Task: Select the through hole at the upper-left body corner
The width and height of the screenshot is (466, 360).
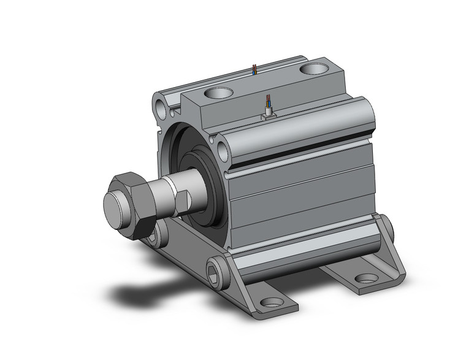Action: click(162, 108)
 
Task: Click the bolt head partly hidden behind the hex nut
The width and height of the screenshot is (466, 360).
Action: click(161, 231)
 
